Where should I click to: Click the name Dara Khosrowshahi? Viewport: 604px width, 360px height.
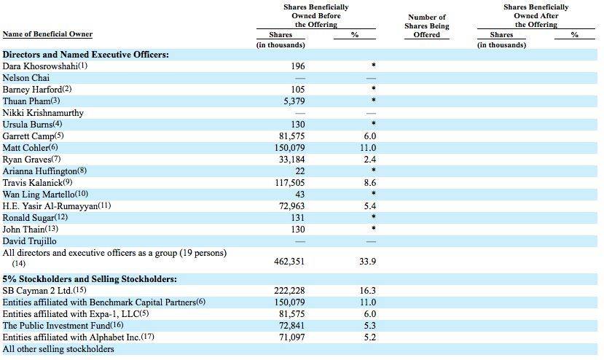click(40, 66)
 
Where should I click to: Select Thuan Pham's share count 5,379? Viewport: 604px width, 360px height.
click(291, 101)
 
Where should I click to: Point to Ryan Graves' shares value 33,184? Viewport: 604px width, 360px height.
click(291, 160)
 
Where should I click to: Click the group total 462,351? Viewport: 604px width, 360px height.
click(289, 262)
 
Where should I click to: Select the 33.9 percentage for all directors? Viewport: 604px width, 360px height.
click(367, 262)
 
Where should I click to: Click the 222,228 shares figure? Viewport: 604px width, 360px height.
click(289, 291)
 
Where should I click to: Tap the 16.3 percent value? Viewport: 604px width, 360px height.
click(367, 291)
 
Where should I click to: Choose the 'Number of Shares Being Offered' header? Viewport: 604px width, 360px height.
click(427, 26)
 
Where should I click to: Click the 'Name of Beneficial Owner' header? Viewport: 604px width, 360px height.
click(47, 34)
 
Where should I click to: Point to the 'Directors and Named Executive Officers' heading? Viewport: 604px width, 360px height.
click(85, 55)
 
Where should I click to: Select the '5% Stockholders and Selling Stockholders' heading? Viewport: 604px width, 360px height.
click(90, 279)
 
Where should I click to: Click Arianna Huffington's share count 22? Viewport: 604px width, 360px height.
click(299, 171)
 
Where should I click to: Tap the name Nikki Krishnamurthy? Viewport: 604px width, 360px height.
click(43, 113)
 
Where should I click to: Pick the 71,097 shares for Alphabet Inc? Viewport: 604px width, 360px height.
click(291, 337)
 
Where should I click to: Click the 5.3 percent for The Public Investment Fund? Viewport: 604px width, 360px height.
click(370, 326)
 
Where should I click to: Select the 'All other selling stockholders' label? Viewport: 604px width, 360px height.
click(58, 349)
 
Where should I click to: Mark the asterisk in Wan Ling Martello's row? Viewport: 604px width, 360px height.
click(373, 194)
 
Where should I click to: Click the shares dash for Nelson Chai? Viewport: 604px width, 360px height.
click(299, 78)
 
